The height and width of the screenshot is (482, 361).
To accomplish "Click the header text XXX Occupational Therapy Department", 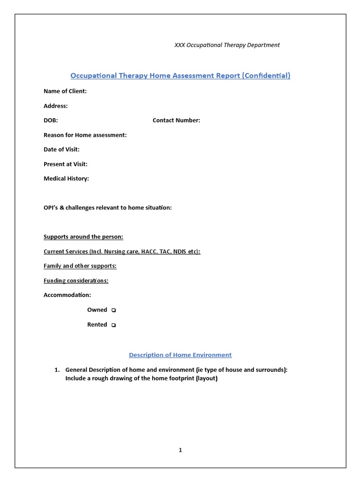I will (227, 45).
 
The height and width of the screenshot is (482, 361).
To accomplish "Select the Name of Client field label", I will (65, 91).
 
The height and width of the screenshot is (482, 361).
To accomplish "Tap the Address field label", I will (55, 106).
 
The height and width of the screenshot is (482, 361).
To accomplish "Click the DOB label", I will (51, 120).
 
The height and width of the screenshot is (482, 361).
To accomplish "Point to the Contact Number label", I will (176, 120).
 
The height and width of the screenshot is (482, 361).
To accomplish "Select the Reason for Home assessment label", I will (85, 135).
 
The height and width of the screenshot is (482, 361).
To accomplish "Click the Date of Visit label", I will (62, 150).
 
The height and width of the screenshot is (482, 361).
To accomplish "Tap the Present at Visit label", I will (65, 164).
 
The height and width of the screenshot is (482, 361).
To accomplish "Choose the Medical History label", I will (66, 179).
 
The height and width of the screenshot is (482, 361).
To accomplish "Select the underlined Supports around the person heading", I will (83, 237).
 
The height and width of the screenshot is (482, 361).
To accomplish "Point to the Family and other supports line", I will (80, 266).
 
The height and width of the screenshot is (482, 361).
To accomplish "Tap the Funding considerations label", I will (76, 281).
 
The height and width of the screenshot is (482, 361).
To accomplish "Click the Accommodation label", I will (67, 295).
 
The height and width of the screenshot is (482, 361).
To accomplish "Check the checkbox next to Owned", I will (114, 310).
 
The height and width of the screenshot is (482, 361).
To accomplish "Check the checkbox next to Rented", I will (114, 325).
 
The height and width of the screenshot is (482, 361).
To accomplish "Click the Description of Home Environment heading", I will (180, 355).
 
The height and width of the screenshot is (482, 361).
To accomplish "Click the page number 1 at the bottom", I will (180, 450).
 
